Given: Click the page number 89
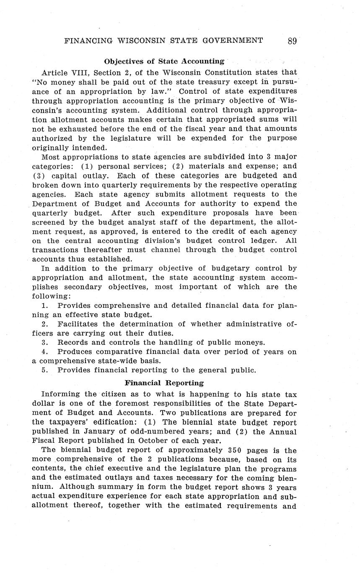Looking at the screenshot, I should pos(292,41).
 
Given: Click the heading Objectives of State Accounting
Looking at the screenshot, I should pos(164,61).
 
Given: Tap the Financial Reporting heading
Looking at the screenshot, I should pos(164,383).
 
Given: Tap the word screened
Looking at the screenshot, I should pos(48,222).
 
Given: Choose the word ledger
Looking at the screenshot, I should pos(263,240).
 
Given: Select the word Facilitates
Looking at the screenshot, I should pos(78,324).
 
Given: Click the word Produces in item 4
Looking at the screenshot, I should pos(74,352).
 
